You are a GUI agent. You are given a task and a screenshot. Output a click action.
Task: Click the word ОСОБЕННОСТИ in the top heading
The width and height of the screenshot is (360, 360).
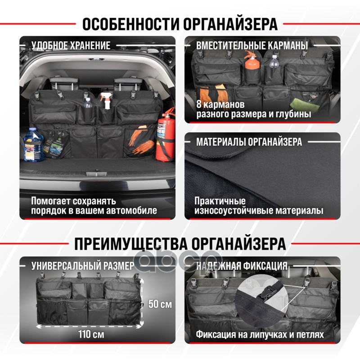point(130,24)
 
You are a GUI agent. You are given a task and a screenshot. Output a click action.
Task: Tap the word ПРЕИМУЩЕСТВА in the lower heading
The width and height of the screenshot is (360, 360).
point(131,243)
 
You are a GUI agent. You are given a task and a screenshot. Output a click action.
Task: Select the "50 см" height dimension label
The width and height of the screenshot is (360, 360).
point(160,304)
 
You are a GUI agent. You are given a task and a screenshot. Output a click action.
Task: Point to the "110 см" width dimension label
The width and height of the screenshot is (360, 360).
point(91,334)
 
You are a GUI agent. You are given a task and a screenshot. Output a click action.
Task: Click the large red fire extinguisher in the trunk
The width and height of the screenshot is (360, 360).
point(165,136)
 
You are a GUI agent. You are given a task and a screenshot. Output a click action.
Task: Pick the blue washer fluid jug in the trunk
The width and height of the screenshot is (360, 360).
point(34,144)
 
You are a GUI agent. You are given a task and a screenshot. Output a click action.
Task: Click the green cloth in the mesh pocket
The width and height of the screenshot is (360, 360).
point(305,105)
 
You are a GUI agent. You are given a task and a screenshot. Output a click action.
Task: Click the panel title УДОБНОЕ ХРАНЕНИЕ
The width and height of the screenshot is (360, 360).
point(71,45)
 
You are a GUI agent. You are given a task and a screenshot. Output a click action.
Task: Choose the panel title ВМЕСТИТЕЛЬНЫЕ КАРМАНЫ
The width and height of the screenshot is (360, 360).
point(252,45)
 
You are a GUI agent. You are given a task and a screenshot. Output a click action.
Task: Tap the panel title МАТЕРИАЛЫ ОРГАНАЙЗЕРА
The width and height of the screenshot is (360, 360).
point(249,142)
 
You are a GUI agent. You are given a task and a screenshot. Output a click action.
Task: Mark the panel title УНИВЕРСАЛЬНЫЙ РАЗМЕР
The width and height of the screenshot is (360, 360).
point(83,266)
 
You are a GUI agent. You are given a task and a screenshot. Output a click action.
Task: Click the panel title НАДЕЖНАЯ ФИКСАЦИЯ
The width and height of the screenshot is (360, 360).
point(242,266)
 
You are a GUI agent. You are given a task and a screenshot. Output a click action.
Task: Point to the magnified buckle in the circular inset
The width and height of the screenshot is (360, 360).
point(268,295)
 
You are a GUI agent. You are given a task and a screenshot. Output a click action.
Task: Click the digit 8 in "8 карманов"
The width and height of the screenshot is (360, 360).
point(199,104)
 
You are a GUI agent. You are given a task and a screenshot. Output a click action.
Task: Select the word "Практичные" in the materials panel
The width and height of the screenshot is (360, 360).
point(220,201)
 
